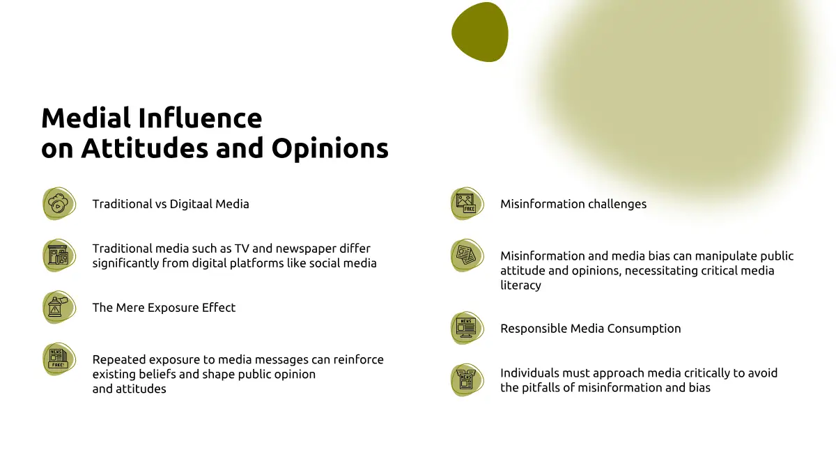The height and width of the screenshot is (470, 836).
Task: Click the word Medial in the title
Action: point(86,118)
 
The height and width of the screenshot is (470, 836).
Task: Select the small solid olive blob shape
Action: point(480,32)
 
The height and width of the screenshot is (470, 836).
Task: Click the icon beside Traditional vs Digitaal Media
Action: point(59,203)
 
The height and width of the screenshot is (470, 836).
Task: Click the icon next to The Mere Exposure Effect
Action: point(59,307)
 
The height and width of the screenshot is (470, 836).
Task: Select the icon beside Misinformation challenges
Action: point(467,203)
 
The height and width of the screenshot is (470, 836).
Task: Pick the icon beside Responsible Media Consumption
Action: point(467,328)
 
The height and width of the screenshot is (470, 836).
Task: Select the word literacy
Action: point(520,285)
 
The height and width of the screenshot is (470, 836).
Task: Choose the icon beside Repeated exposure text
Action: point(59,359)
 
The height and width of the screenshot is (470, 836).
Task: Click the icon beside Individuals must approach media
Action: point(467,380)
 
